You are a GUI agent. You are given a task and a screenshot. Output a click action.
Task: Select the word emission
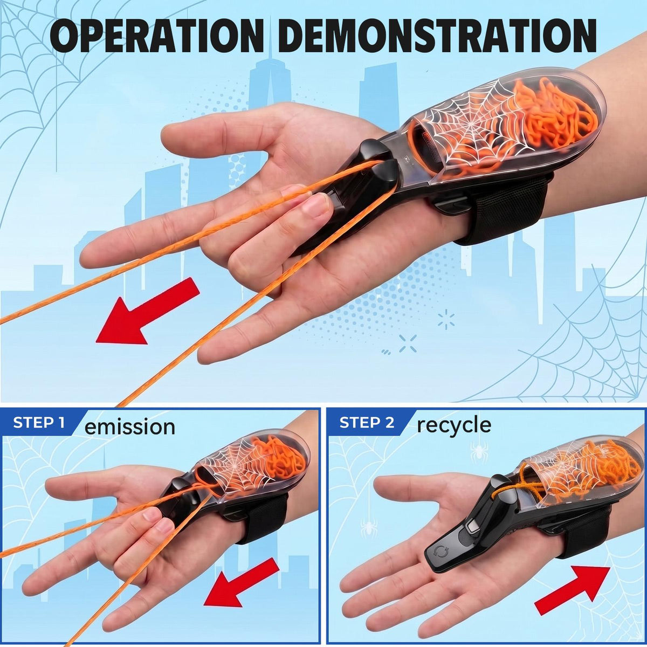click(129, 426)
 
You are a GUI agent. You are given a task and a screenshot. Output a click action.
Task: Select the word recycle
click(454, 425)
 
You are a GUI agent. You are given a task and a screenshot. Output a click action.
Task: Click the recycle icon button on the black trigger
click(439, 551)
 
